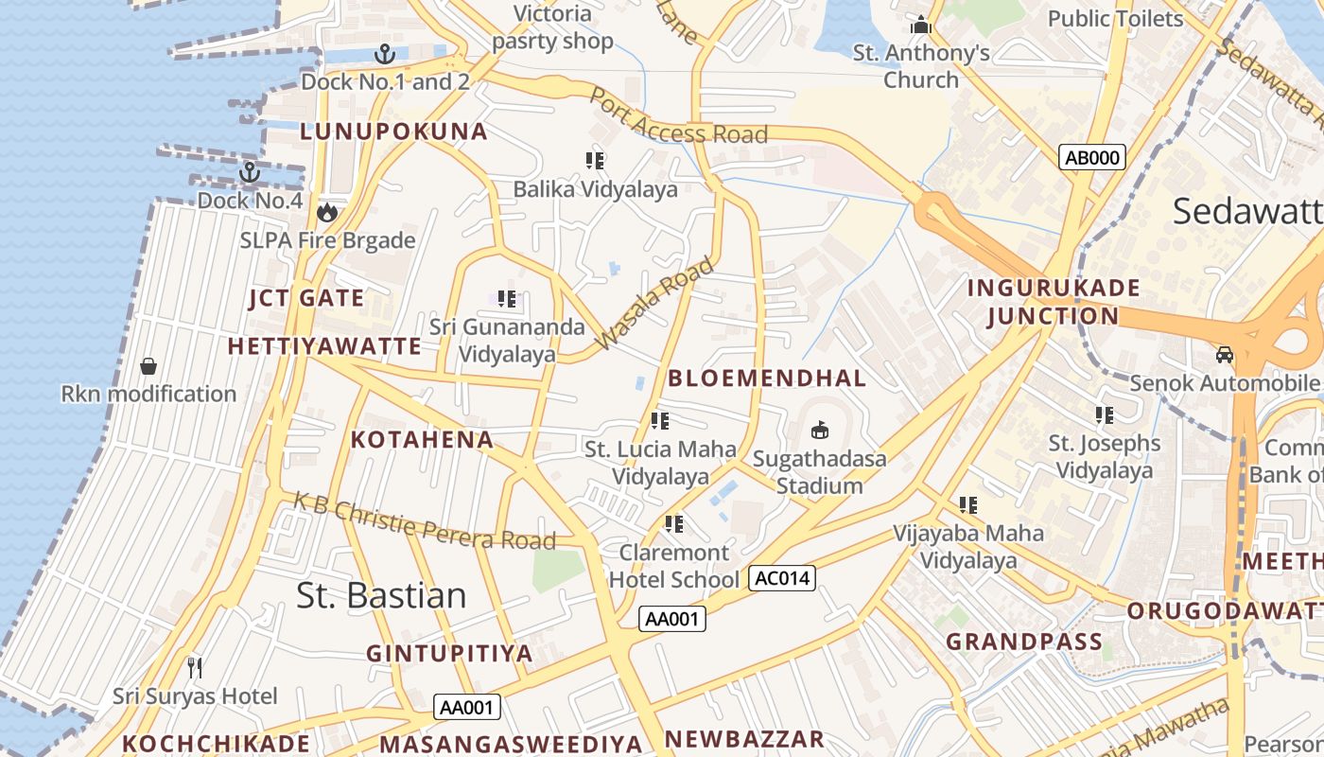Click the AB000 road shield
pos(1092,157)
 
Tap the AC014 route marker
pos(781,577)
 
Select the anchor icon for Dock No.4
pos(250,172)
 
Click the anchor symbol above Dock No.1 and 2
pos(384,53)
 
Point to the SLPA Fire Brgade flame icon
pos(327,212)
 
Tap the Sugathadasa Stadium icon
pos(820,431)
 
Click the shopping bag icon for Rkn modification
pos(148,365)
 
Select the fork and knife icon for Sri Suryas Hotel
pos(195,668)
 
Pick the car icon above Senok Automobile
pos(1225,355)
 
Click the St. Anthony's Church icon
pos(921,25)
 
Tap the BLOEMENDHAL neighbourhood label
pos(767,378)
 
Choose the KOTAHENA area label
pos(422,439)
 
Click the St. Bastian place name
pos(381,595)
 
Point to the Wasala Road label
pos(653,304)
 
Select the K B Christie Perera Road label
pos(424,520)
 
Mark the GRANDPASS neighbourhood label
pos(1024,642)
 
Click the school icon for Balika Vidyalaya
pos(595,161)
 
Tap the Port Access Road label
pos(678,118)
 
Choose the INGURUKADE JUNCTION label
pos(1054,302)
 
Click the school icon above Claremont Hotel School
pos(673,523)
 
